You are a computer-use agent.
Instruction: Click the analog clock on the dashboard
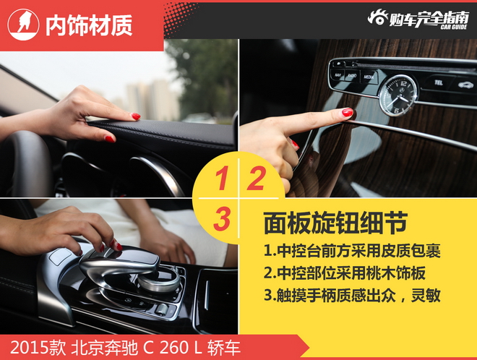tap(397, 95)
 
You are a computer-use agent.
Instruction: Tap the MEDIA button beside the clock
tap(369, 75)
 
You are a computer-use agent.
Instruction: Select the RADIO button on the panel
tap(352, 75)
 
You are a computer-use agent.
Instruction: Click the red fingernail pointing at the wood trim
tap(348, 113)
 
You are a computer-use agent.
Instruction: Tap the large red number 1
tap(223, 179)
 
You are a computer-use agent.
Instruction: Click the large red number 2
tap(255, 179)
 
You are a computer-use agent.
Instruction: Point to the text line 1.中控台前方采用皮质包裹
tap(351, 252)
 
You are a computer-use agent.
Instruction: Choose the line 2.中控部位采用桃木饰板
tap(351, 274)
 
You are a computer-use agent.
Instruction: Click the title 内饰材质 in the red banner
tap(89, 26)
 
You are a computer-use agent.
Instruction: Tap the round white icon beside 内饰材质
tap(23, 25)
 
